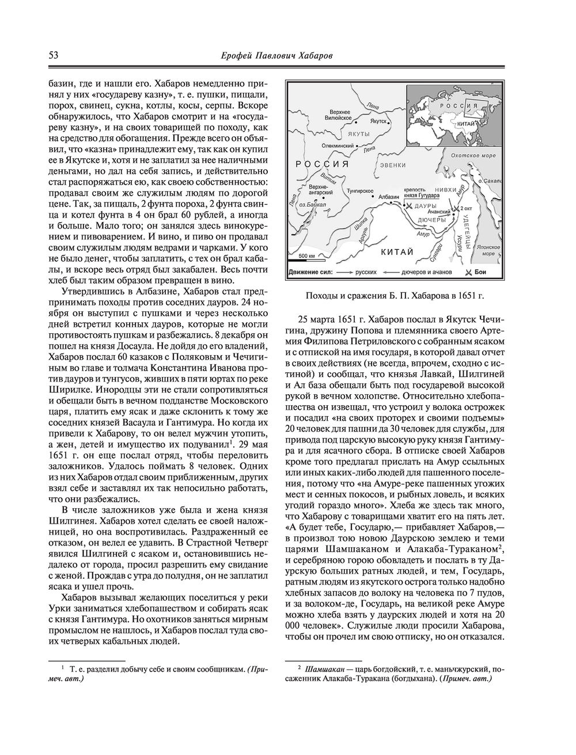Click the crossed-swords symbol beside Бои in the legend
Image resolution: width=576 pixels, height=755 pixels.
[x=469, y=272]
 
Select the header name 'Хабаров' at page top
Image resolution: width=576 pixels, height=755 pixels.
[x=328, y=56]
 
